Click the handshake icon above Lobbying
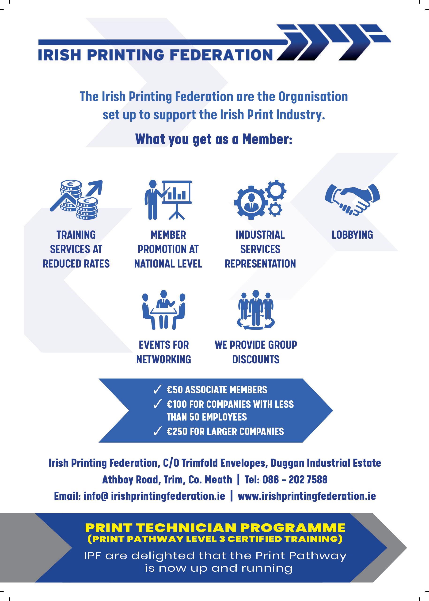[x=352, y=199]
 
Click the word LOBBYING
[x=352, y=235]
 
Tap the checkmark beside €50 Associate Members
[x=157, y=390]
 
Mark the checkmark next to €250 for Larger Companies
[x=157, y=432]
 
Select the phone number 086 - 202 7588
[x=295, y=479]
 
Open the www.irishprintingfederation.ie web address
[x=307, y=496]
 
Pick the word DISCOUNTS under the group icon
[x=256, y=360]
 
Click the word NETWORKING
[x=164, y=360]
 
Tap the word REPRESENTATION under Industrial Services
[x=260, y=264]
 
